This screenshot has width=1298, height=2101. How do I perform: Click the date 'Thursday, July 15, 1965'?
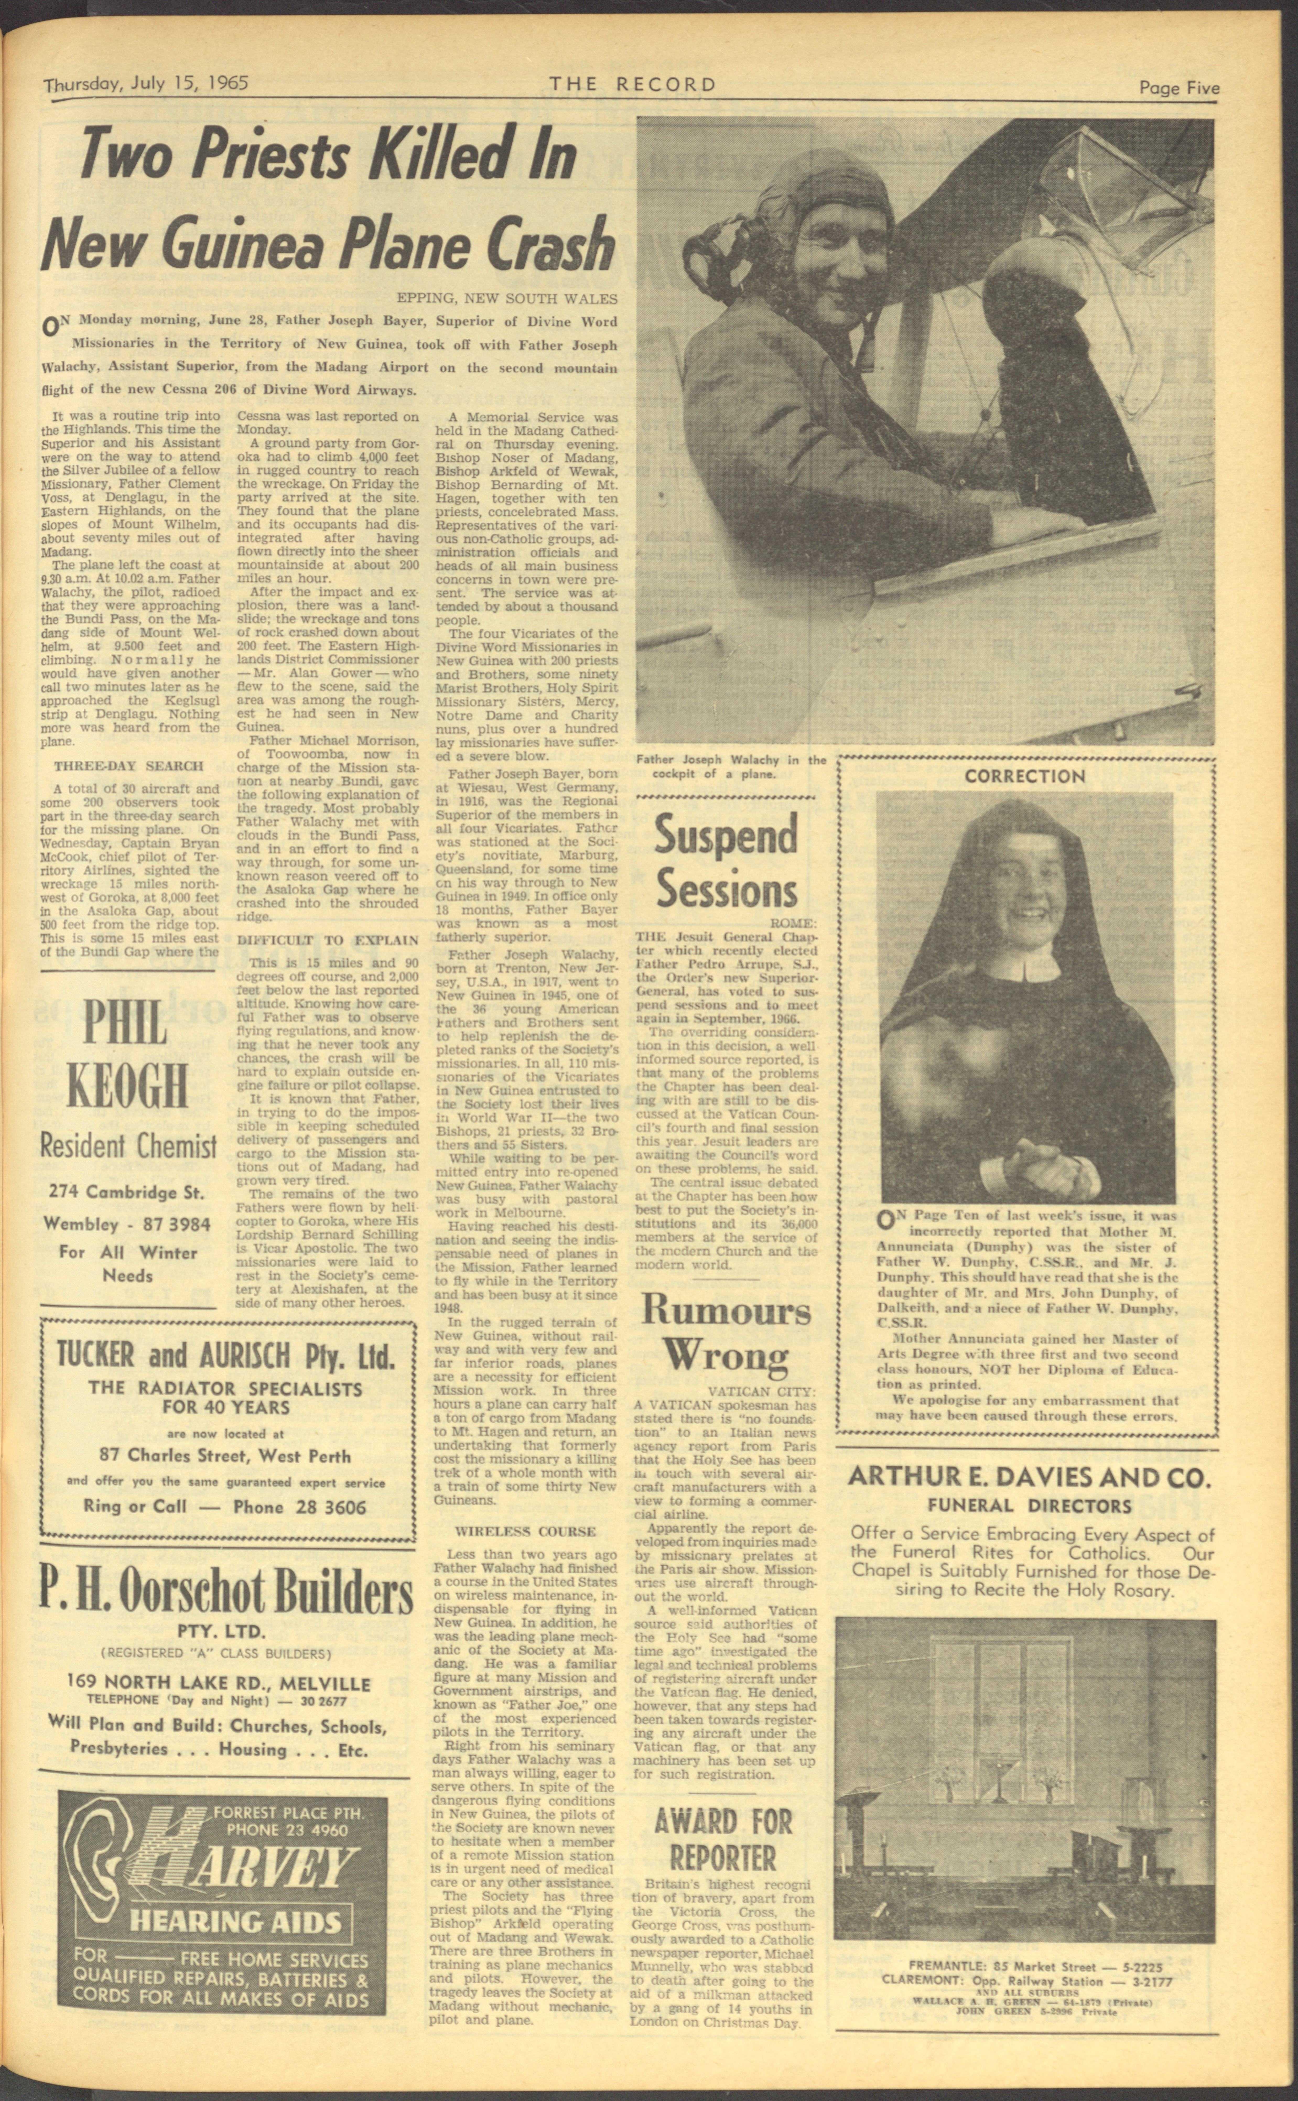click(x=146, y=84)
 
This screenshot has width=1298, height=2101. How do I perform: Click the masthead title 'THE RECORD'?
click(x=633, y=84)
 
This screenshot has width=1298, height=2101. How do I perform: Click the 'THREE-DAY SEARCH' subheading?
click(x=129, y=766)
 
